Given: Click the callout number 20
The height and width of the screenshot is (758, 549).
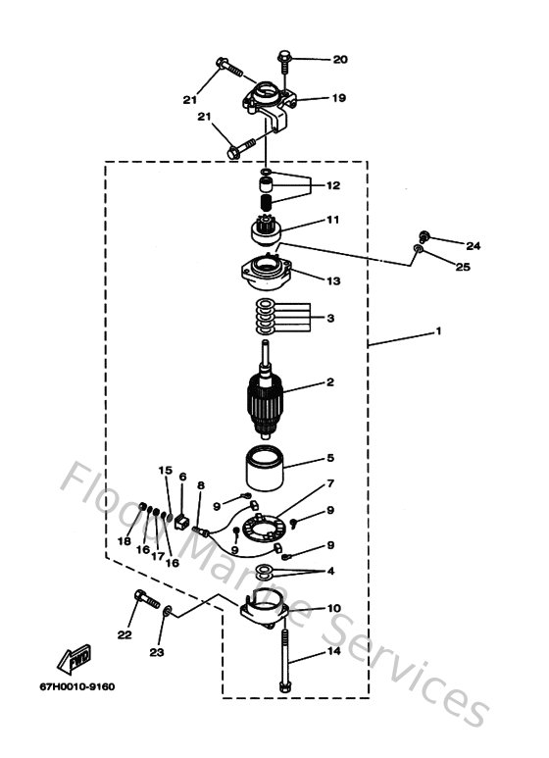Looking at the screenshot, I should coord(340,60).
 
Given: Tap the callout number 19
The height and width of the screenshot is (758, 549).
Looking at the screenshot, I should coord(338,98).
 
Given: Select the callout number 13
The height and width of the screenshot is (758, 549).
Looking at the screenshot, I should coord(333,280).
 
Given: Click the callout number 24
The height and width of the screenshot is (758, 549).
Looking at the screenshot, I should coord(446,245).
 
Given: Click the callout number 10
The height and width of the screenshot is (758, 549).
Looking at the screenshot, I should coord(333,609).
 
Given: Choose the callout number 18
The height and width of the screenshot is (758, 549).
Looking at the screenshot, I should coord(125,541).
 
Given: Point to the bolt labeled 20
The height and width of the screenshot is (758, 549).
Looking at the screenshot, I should coord(284,60).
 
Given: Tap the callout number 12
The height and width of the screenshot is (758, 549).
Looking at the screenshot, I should coord(333,185).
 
